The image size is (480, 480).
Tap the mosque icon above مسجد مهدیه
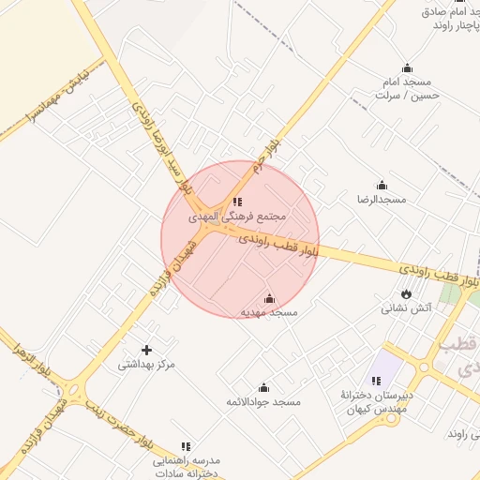pyautogui.click(x=270, y=298)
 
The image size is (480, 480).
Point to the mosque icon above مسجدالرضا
pyautogui.click(x=382, y=185)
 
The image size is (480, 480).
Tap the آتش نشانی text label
pyautogui.click(x=405, y=308)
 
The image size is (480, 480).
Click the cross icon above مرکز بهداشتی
pyautogui.click(x=146, y=350)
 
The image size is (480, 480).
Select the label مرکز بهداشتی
pyautogui.click(x=146, y=365)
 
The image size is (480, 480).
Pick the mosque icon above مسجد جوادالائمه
pyautogui.click(x=263, y=387)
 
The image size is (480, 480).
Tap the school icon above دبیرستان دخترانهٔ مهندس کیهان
pyautogui.click(x=376, y=381)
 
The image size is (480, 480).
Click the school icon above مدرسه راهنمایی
pyautogui.click(x=185, y=446)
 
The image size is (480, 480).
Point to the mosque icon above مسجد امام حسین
pyautogui.click(x=407, y=67)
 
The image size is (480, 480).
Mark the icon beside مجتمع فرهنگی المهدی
pyautogui.click(x=237, y=201)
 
